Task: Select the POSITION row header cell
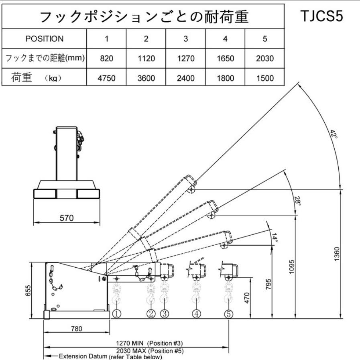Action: tap(44, 39)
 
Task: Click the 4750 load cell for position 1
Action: tap(106, 78)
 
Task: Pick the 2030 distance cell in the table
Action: tap(265, 59)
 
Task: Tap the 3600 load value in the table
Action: tap(146, 78)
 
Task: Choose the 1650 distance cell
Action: tap(225, 59)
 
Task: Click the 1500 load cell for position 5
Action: tap(265, 78)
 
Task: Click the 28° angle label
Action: tap(297, 201)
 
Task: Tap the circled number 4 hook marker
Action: tap(196, 314)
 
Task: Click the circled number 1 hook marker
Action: tap(116, 314)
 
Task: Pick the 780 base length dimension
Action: tap(76, 329)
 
